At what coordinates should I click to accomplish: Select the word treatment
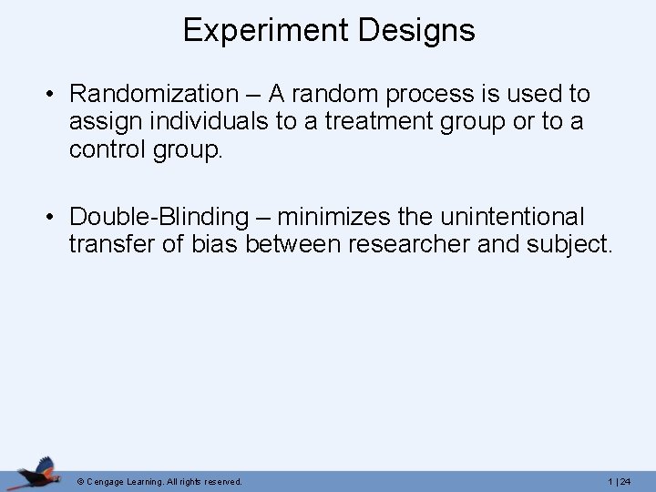pyautogui.click(x=344, y=122)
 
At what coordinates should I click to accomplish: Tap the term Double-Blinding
pyautogui.click(x=159, y=217)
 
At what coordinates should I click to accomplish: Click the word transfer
pyautogui.click(x=108, y=245)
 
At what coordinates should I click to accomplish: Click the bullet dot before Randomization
pyautogui.click(x=55, y=95)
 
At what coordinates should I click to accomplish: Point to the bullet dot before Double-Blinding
pyautogui.click(x=55, y=218)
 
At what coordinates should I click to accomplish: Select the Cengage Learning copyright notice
pyautogui.click(x=159, y=481)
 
